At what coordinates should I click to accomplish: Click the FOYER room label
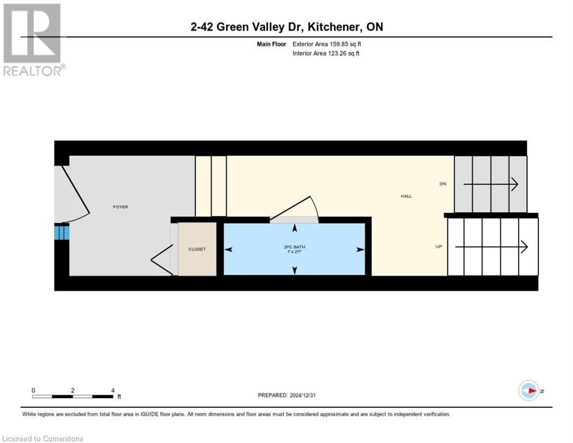pyautogui.click(x=120, y=207)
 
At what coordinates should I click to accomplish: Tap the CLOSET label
pyautogui.click(x=197, y=249)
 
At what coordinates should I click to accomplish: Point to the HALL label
pyautogui.click(x=406, y=196)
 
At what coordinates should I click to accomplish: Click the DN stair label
pyautogui.click(x=443, y=184)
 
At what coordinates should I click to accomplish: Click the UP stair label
pyautogui.click(x=439, y=247)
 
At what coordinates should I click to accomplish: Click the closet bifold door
pyautogui.click(x=163, y=260)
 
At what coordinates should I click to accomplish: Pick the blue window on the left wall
pyautogui.click(x=62, y=232)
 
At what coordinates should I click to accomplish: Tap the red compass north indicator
pyautogui.click(x=529, y=391)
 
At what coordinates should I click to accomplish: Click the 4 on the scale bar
pyautogui.click(x=112, y=390)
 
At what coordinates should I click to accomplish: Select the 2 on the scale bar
pyautogui.click(x=73, y=390)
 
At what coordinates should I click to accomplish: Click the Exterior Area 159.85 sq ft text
pyautogui.click(x=327, y=44)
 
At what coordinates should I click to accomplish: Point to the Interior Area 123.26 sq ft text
pyautogui.click(x=326, y=54)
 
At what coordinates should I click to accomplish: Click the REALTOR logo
pyautogui.click(x=33, y=39)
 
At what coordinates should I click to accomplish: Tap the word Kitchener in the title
pyautogui.click(x=334, y=27)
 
